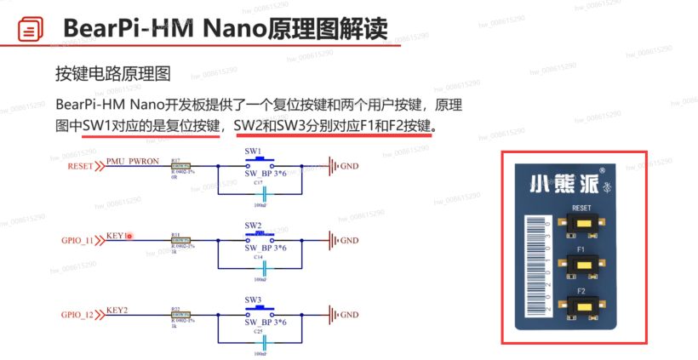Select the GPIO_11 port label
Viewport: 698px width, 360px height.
[x=77, y=240]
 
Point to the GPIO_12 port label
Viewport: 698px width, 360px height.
[x=77, y=315]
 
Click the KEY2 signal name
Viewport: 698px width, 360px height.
[x=117, y=311]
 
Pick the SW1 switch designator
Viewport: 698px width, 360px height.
[x=253, y=151]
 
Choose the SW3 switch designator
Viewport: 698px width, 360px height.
[x=253, y=300]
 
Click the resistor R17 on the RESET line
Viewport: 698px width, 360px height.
[x=180, y=166]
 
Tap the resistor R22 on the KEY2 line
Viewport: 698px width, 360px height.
[x=180, y=315]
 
